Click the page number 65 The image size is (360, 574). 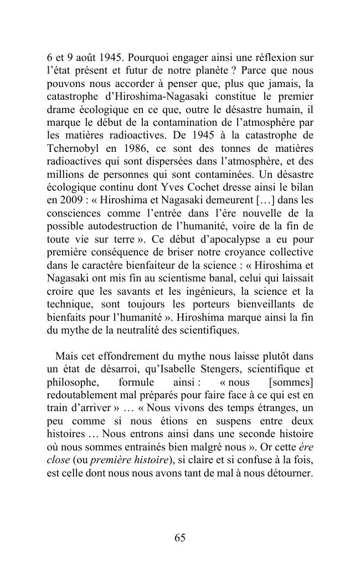click(179, 537)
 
